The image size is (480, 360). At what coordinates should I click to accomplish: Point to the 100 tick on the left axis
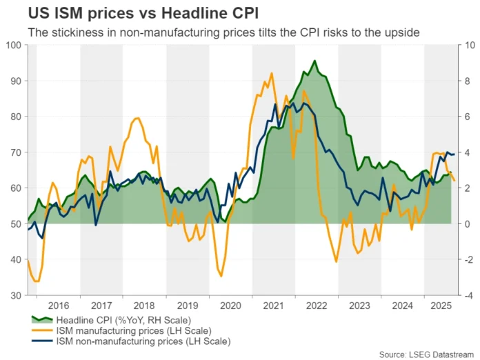point(14,46)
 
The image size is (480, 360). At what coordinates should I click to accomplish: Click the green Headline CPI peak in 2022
point(315,61)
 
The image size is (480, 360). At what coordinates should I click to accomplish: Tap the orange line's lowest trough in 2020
point(221,276)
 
